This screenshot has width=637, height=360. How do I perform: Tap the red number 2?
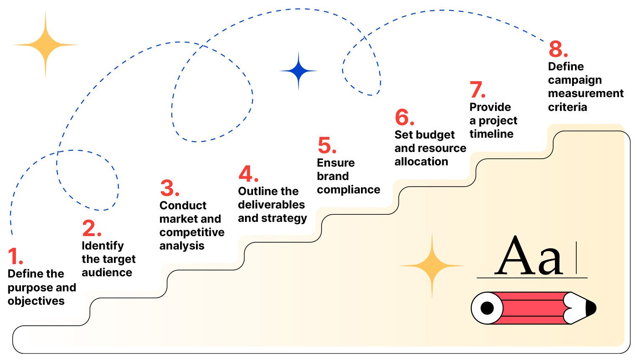click(x=90, y=228)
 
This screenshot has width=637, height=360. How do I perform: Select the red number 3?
click(x=168, y=188)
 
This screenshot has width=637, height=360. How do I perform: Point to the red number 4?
click(x=247, y=174)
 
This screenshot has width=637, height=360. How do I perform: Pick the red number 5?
click(x=326, y=146)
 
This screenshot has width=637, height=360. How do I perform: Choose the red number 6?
click(x=403, y=117)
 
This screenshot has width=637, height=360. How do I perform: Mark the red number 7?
click(x=476, y=90)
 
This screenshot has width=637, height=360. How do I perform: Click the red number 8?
click(x=557, y=49)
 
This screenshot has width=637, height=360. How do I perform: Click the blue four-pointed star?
click(x=298, y=71)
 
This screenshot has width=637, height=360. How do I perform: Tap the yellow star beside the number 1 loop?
click(x=45, y=45)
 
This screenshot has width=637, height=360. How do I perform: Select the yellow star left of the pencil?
click(x=432, y=265)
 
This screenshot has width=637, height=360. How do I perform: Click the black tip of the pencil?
click(x=591, y=308)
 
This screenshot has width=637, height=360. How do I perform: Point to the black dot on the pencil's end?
click(x=487, y=308)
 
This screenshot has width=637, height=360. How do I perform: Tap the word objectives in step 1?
click(x=36, y=301)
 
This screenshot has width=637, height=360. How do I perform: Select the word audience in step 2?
click(x=107, y=273)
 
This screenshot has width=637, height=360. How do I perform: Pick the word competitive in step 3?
click(x=192, y=232)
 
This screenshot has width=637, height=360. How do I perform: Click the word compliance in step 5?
click(x=348, y=190)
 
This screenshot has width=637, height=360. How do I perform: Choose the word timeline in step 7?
click(x=491, y=134)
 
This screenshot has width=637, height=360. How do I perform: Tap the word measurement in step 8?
click(x=585, y=93)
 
